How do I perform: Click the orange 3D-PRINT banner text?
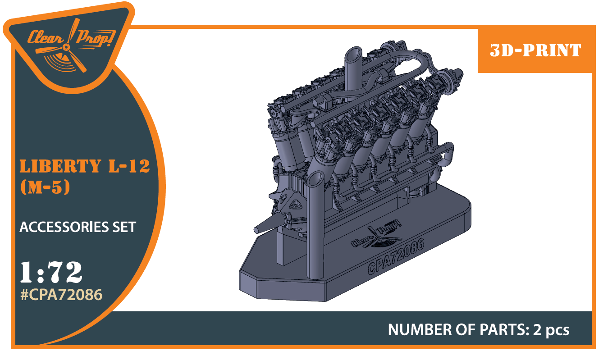[x=535, y=50]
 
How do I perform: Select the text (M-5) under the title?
[x=45, y=188]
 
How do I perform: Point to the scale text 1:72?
[x=51, y=272]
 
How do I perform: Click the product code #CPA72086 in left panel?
[x=61, y=295]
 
